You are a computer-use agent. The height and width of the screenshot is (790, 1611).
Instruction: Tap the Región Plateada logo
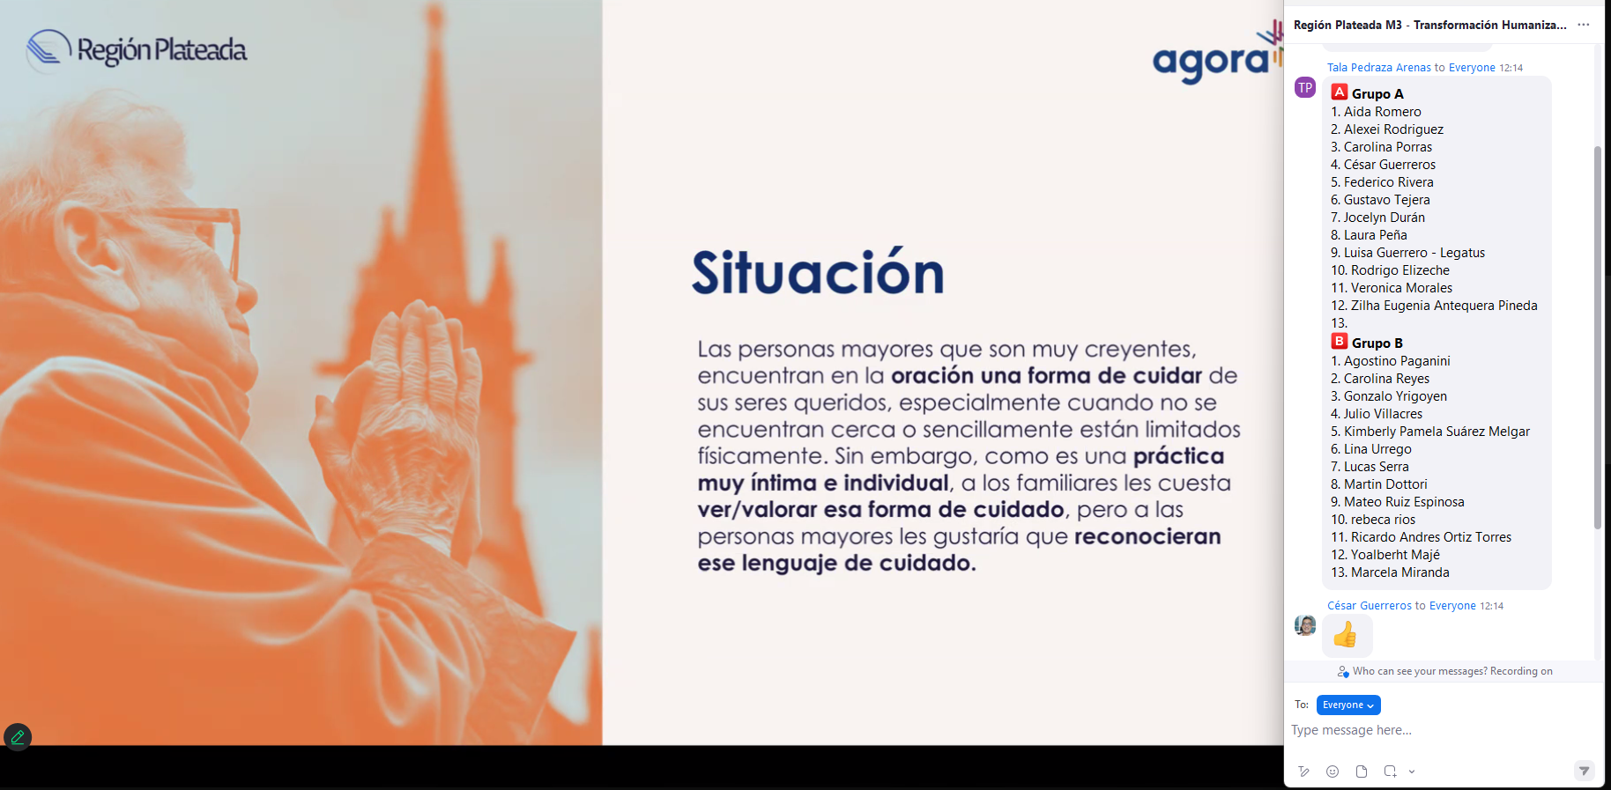point(137,50)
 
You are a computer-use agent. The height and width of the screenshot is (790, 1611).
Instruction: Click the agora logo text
point(1211,62)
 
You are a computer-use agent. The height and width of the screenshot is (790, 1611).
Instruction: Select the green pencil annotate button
point(18,737)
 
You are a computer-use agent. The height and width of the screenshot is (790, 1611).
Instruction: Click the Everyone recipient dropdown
point(1348,705)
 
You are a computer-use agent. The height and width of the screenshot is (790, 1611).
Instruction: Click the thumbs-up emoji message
point(1346,634)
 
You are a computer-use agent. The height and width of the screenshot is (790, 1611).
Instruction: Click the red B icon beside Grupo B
point(1340,342)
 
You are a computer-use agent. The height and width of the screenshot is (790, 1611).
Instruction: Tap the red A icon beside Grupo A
point(1340,92)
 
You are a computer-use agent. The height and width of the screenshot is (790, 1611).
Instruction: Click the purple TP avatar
point(1305,87)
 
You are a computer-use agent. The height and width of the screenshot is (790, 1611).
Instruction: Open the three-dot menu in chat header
point(1584,25)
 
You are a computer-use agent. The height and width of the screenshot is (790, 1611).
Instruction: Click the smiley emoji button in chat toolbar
point(1333,772)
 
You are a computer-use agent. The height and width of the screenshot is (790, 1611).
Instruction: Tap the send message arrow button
point(1585,771)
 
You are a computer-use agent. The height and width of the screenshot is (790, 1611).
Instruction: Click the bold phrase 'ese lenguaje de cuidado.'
point(837,564)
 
